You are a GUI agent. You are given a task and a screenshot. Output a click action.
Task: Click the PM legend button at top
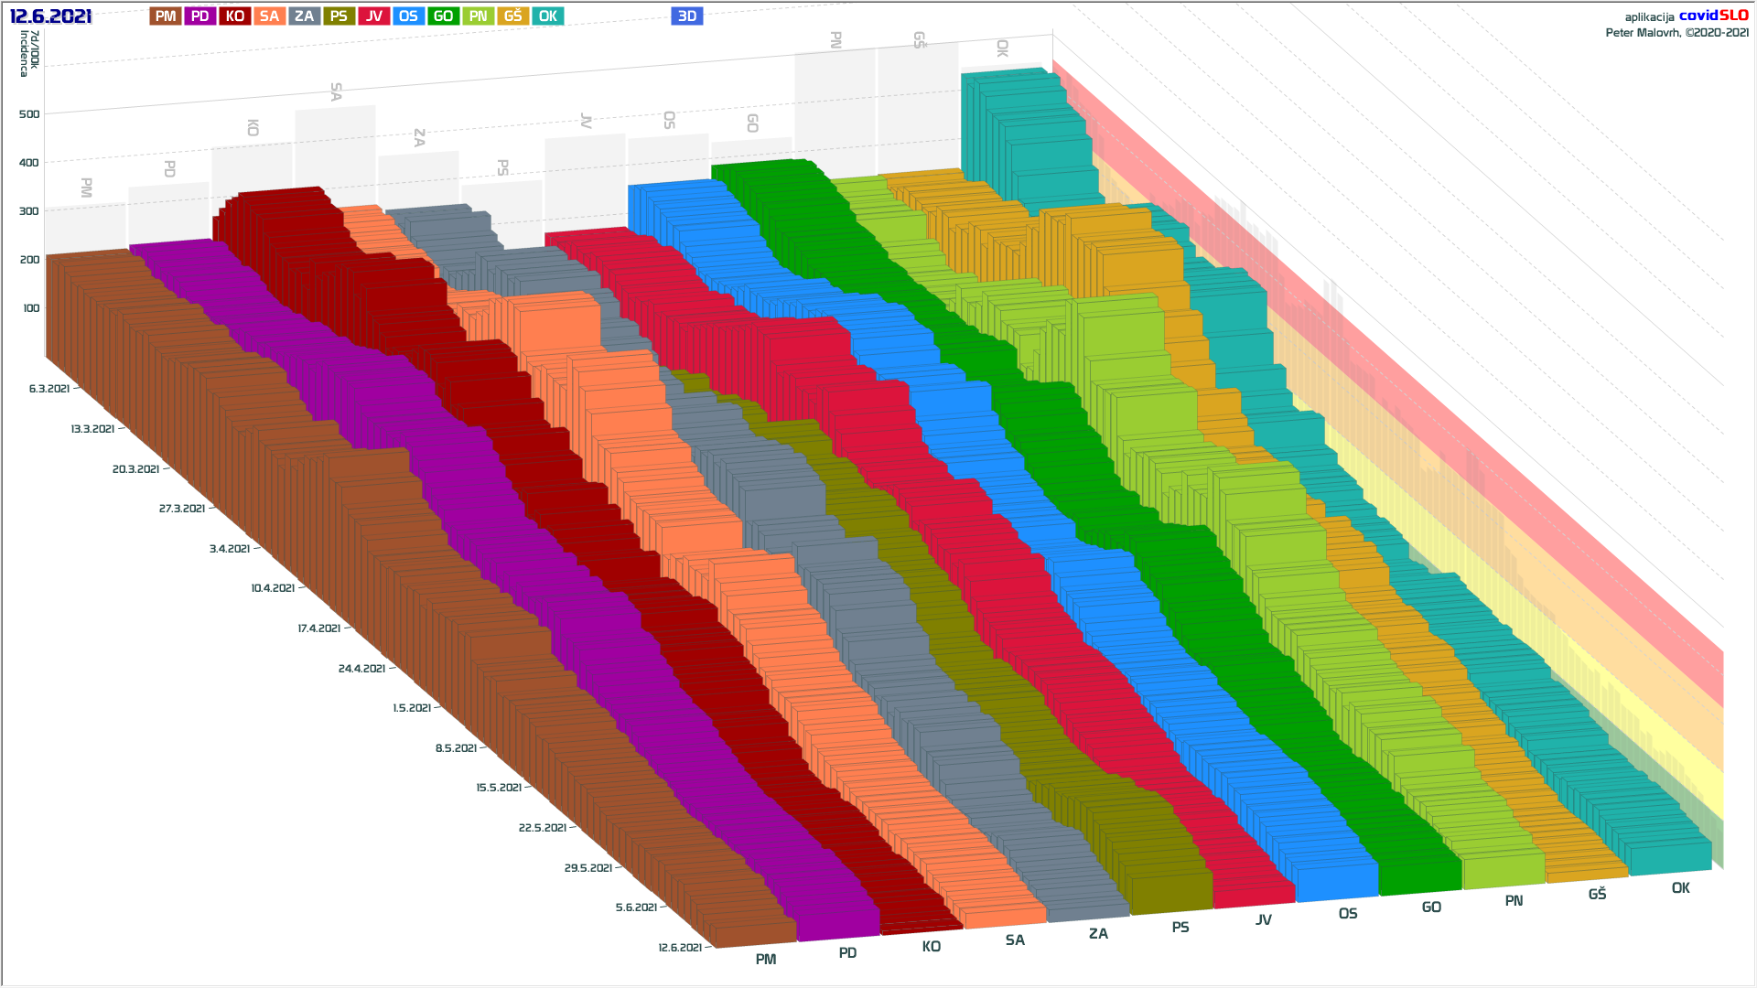click(166, 16)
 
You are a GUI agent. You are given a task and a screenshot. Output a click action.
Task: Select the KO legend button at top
click(235, 16)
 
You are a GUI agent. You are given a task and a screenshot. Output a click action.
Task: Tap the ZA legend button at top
click(305, 16)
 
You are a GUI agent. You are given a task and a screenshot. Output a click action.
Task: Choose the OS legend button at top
click(408, 16)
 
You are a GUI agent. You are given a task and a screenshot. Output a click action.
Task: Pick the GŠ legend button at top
click(513, 16)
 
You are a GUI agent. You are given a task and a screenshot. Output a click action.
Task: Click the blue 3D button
click(686, 16)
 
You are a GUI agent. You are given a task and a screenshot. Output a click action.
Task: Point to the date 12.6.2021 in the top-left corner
click(50, 16)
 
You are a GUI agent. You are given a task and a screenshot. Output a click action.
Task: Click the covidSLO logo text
click(1713, 16)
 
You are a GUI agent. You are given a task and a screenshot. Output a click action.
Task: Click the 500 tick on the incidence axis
click(29, 114)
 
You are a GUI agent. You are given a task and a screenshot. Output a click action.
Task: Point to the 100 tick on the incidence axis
click(31, 308)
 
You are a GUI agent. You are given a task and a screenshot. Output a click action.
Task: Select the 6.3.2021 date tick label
click(49, 389)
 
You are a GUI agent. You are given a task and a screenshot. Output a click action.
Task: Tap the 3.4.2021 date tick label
click(230, 549)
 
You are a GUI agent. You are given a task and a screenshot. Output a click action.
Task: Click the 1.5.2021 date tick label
click(412, 708)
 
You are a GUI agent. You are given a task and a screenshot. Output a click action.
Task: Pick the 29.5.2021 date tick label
click(588, 868)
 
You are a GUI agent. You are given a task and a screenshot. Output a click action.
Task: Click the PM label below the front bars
click(766, 960)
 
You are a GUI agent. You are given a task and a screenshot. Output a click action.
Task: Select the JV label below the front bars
click(1264, 920)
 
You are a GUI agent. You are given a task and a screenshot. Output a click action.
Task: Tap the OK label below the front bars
click(1681, 888)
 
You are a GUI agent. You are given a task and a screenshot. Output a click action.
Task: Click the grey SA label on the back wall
click(336, 91)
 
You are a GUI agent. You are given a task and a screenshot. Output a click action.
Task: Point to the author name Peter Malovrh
click(1644, 33)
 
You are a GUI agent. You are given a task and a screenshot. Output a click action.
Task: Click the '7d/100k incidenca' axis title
click(29, 53)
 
